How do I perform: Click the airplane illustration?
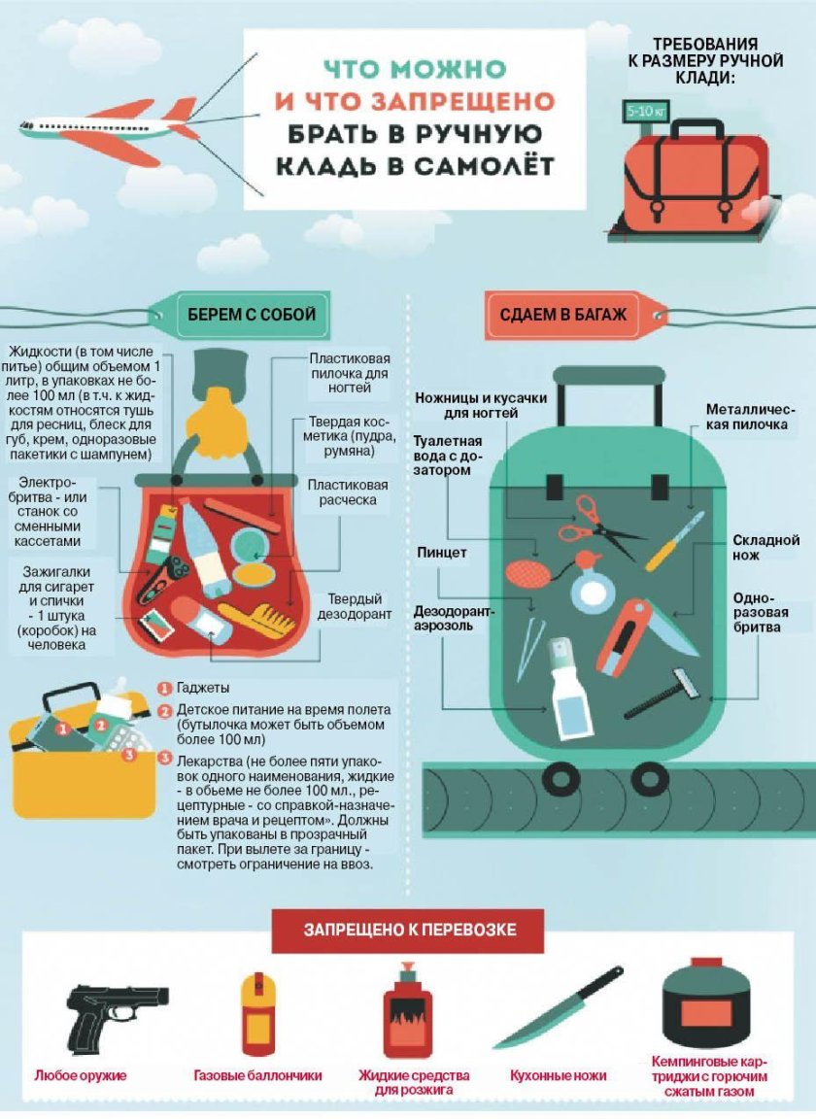112,129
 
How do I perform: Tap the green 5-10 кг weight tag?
644,110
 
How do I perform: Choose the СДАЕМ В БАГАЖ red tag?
563,315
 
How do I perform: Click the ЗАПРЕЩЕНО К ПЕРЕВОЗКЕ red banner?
409,930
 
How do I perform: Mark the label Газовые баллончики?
257,1076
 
